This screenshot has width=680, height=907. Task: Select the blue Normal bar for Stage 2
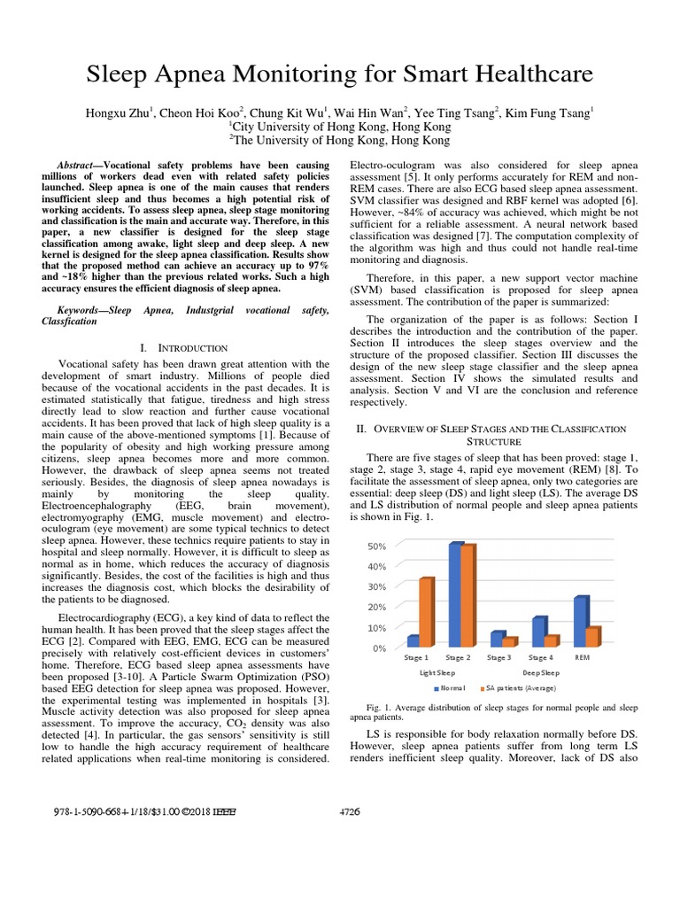pyautogui.click(x=455, y=595)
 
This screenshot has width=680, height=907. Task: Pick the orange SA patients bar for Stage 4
pyautogui.click(x=551, y=640)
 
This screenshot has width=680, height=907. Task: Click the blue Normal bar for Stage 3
pyautogui.click(x=497, y=639)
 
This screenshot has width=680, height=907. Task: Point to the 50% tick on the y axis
pyautogui.click(x=376, y=547)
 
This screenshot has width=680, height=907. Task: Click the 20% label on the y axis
pyautogui.click(x=376, y=608)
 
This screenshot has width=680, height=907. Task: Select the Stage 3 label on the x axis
pyautogui.click(x=499, y=658)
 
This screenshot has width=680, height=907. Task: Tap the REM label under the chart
pyautogui.click(x=583, y=658)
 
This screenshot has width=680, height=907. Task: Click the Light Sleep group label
pyautogui.click(x=437, y=672)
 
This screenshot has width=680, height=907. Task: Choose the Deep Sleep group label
pyautogui.click(x=540, y=672)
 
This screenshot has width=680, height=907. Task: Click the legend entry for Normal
pyautogui.click(x=452, y=687)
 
